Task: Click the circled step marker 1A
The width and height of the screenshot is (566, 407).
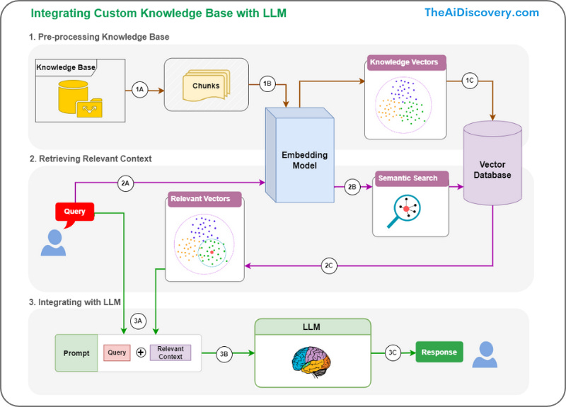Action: [x=139, y=90]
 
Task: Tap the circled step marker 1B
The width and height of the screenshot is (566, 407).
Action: [x=267, y=84]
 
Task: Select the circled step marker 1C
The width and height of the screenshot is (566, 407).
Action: [x=470, y=81]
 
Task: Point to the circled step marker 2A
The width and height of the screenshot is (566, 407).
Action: [x=125, y=183]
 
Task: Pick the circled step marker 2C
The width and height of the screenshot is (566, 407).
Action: [x=329, y=266]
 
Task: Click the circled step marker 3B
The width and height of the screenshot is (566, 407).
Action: [x=224, y=354]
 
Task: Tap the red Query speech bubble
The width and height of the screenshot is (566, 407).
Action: [x=75, y=213]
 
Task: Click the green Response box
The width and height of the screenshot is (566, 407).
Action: [x=439, y=352]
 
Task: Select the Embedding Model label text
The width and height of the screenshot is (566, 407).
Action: [x=305, y=161]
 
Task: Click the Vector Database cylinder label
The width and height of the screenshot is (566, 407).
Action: [x=492, y=170]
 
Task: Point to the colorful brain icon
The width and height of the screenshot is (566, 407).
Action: [x=311, y=362]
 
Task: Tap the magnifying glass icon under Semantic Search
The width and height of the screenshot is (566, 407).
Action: [x=404, y=211]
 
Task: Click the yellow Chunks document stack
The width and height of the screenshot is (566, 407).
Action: [x=206, y=86]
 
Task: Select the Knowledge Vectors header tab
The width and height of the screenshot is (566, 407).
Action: [x=406, y=62]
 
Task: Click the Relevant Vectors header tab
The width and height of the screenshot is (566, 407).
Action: [x=204, y=199]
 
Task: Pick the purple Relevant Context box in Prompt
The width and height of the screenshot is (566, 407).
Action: [x=171, y=352]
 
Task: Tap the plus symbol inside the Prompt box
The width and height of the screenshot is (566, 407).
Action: [x=141, y=352]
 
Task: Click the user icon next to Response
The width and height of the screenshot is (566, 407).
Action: [x=485, y=355]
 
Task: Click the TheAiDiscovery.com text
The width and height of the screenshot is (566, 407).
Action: [x=482, y=13]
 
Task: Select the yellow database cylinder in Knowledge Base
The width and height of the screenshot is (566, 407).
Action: [x=74, y=96]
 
